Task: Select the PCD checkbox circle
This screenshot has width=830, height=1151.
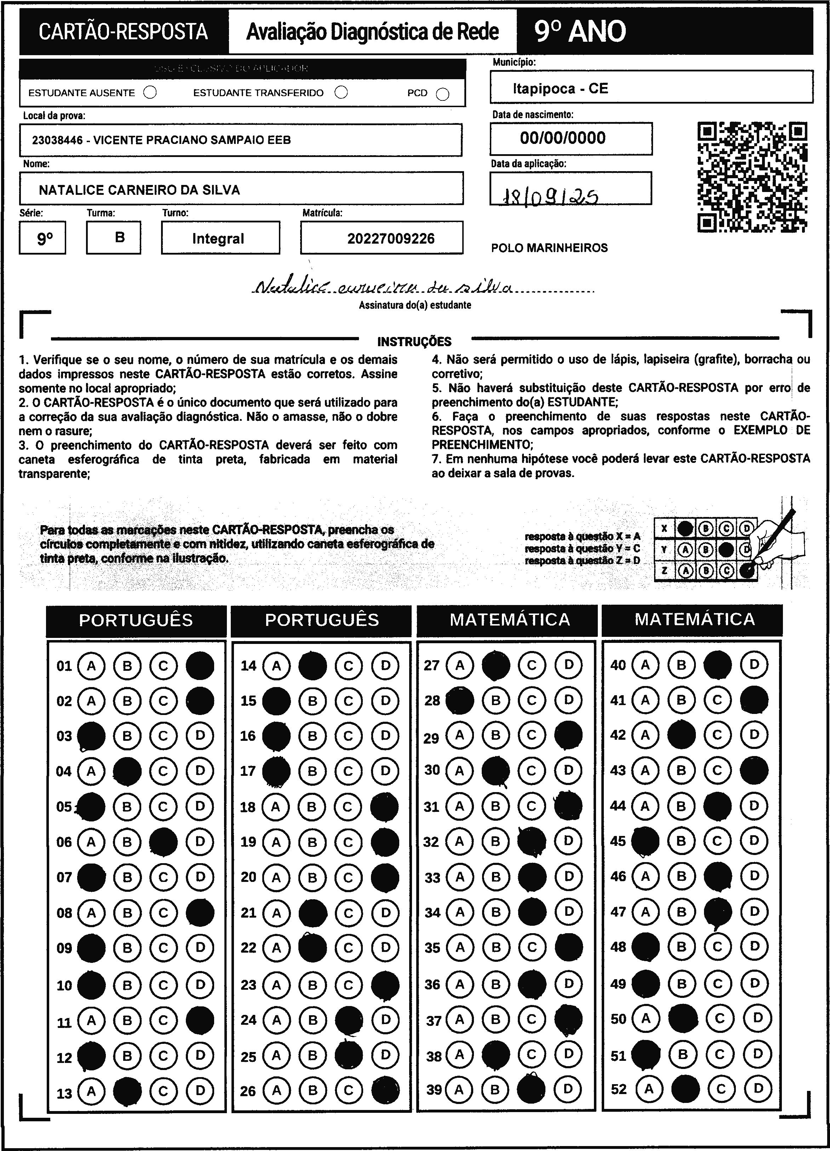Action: pos(442,94)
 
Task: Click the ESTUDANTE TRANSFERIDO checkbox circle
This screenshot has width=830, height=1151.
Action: pos(341,92)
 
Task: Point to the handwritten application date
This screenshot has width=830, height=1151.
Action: pos(549,196)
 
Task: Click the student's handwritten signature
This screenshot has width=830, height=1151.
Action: pos(382,287)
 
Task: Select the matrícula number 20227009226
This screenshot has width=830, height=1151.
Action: pos(391,239)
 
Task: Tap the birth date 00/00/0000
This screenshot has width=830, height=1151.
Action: pos(563,138)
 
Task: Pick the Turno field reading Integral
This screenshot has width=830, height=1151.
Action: pos(218,239)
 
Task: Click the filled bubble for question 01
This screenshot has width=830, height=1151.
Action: pos(200,665)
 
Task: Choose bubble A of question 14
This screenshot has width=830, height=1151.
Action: pos(276,665)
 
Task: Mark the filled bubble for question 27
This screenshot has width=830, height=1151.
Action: pos(495,665)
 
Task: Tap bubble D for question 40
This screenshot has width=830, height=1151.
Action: pos(754,664)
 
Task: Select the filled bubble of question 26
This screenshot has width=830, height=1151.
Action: pos(385,1090)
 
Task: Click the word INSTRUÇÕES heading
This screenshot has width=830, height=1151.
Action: pos(414,342)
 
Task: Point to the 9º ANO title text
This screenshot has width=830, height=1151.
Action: pos(580,31)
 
